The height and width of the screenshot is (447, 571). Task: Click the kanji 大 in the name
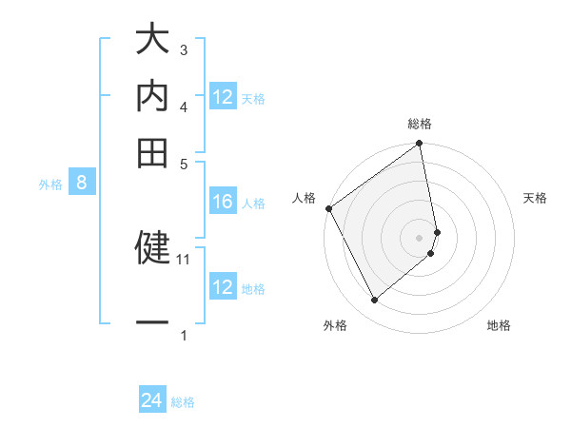(x=152, y=42)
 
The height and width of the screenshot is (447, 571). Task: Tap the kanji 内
(x=152, y=96)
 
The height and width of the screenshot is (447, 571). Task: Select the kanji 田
(x=152, y=151)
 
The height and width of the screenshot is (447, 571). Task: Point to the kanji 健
(x=152, y=246)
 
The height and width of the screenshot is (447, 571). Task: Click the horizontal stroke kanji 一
(x=152, y=323)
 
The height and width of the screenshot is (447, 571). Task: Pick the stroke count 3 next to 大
(x=184, y=49)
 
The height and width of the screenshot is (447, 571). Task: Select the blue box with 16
(x=223, y=202)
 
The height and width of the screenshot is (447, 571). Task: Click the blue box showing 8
(x=82, y=184)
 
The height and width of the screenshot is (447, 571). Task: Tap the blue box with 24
(x=152, y=401)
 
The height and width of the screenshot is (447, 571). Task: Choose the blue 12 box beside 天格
(x=223, y=97)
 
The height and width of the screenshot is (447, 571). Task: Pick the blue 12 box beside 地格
(x=223, y=287)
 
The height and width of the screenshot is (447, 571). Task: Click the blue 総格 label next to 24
(x=183, y=402)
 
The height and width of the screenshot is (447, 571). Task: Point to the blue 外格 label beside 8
(x=50, y=185)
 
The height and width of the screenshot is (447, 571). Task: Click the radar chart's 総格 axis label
(x=420, y=124)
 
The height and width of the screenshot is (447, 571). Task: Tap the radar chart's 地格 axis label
(x=499, y=326)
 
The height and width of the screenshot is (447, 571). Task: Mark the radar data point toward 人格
(x=328, y=208)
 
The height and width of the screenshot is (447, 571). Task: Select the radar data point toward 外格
(x=374, y=301)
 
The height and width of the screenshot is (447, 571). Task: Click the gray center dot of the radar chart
(x=420, y=237)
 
